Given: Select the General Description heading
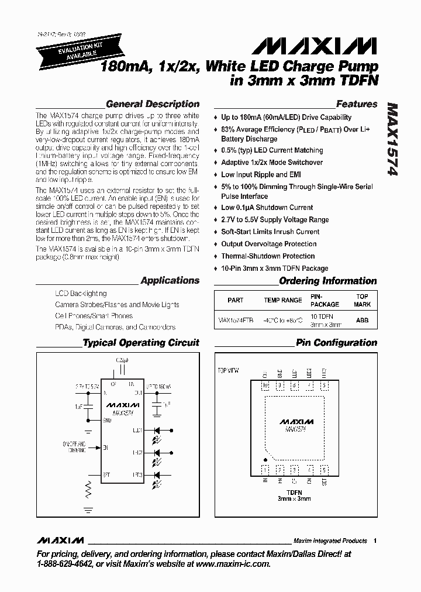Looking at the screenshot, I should (x=153, y=104).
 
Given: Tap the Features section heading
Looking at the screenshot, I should (x=357, y=104).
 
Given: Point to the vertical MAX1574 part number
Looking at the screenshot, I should (x=392, y=141).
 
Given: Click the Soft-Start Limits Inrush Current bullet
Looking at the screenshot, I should (x=270, y=232).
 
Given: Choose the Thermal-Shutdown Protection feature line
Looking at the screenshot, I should (x=268, y=256).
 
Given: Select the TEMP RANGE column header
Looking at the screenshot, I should (x=283, y=300).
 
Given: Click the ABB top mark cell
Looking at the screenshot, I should (x=363, y=321).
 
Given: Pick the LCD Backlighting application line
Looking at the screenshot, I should (x=81, y=293).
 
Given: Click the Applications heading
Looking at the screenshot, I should (x=170, y=281).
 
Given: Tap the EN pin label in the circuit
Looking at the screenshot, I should (x=106, y=448).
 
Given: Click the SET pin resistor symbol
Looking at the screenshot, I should (x=89, y=487).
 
